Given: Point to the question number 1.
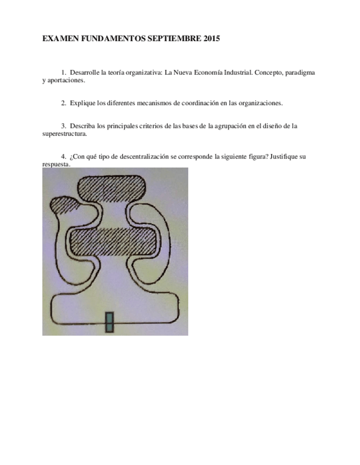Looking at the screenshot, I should (64, 72).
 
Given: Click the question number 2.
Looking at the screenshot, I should (64, 103).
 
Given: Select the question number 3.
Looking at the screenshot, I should (64, 126).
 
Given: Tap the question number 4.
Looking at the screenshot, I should (64, 156).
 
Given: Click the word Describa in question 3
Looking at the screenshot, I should (83, 126).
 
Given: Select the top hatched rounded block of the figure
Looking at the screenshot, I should (113, 189).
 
